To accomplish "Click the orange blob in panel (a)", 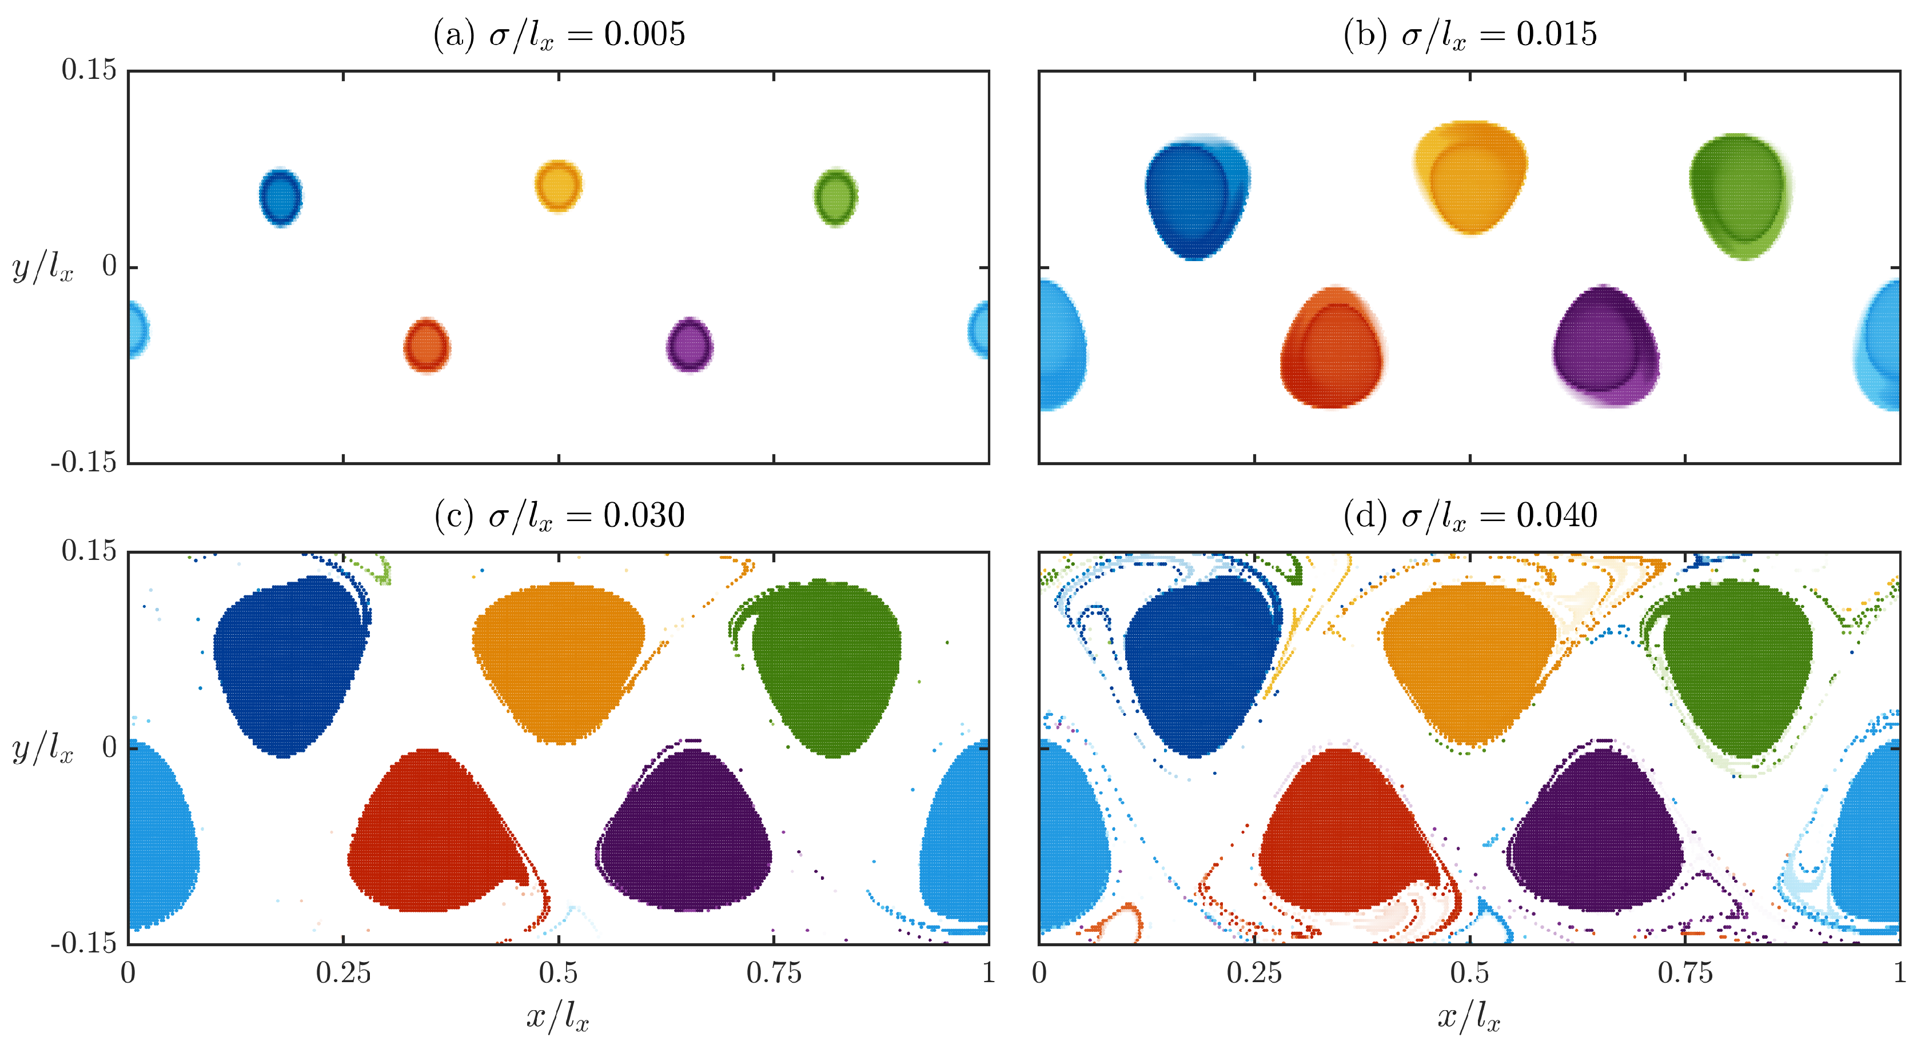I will [x=558, y=186].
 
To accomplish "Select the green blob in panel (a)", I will [x=835, y=197].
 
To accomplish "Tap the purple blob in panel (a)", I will [x=689, y=345].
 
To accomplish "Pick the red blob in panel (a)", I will [x=427, y=346].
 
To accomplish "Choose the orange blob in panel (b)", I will [x=1470, y=177].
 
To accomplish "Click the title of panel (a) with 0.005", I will [x=559, y=34].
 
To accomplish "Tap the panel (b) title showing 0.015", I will [x=1470, y=34].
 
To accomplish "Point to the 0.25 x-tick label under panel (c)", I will [x=343, y=972].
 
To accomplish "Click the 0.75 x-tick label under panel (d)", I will [x=1685, y=972].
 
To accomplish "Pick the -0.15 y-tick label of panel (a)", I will [x=83, y=463].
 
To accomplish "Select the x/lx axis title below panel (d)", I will [x=1468, y=1016].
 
